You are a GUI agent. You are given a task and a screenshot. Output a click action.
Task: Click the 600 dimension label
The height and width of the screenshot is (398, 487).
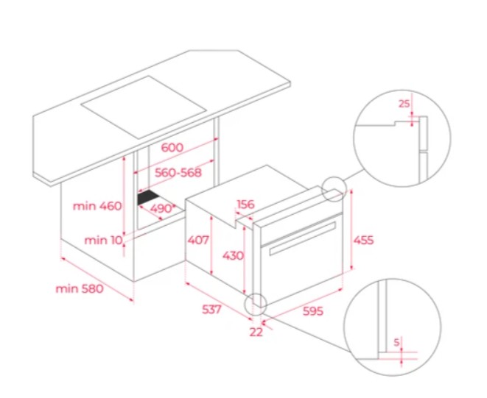[x=172, y=147]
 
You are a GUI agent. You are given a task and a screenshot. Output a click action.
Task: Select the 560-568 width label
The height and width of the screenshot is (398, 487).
[x=178, y=172]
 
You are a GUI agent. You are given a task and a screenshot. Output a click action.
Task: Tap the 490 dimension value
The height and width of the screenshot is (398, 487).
[x=161, y=208]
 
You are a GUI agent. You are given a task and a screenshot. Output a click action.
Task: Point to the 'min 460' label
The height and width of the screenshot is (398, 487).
[x=97, y=206]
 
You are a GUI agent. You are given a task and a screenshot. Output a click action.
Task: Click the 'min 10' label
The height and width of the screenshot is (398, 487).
[x=103, y=240]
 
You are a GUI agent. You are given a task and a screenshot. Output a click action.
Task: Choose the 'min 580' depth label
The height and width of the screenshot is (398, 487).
[x=80, y=289]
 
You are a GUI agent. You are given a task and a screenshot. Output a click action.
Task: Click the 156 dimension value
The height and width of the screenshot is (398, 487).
[x=245, y=205]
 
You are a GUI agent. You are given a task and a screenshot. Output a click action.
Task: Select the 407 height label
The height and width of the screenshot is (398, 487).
[x=198, y=240]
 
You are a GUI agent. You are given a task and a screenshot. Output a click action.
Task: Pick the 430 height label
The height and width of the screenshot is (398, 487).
[x=233, y=255]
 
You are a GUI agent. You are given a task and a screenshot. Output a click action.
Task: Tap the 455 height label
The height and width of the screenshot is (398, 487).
[x=363, y=240]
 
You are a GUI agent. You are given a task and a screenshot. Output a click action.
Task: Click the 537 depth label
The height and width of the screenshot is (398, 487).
[x=211, y=309]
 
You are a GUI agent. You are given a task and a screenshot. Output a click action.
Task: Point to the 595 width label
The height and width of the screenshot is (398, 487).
[x=313, y=311]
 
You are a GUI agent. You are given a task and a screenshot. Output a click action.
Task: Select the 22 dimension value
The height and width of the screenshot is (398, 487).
[x=256, y=332]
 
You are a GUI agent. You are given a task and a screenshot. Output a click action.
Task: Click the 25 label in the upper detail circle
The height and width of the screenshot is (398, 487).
[x=404, y=104]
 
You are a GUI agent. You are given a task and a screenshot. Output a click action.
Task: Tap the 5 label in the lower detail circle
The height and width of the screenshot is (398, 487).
[x=396, y=343]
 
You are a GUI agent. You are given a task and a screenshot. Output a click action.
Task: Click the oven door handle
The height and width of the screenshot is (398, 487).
[x=303, y=238]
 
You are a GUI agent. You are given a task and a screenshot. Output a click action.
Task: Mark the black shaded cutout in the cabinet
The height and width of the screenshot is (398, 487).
[x=148, y=197]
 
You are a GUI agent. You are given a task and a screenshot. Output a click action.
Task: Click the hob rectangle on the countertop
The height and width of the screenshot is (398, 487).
[x=144, y=107]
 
